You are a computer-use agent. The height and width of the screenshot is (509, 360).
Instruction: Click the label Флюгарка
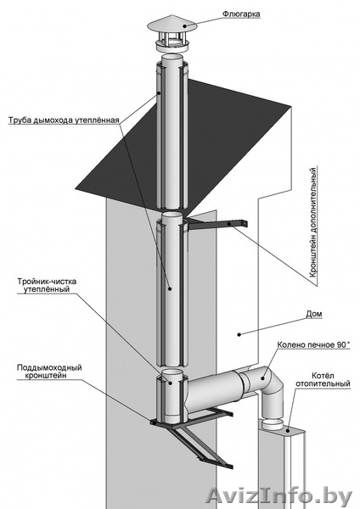(241, 14)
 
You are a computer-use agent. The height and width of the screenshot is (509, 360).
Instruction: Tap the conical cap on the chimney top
(172, 24)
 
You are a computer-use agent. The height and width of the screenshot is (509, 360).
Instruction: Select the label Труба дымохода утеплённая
(64, 120)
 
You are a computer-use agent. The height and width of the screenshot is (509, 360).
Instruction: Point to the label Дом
(314, 314)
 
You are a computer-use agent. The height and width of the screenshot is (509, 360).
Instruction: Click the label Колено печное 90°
(313, 345)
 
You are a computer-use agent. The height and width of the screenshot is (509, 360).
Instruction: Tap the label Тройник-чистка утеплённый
(47, 285)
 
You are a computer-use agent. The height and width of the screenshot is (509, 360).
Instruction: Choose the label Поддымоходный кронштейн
(49, 372)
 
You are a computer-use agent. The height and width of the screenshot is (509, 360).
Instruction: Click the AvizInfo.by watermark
(279, 496)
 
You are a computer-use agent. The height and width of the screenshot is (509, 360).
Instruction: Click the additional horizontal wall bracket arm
(217, 224)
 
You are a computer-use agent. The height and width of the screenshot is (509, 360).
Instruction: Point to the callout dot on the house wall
(239, 334)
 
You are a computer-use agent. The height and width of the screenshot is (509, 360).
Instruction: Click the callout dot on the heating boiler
(288, 430)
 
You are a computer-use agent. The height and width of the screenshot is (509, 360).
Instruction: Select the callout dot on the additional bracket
(229, 224)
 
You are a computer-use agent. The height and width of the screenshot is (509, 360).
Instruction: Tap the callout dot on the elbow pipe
(262, 378)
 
